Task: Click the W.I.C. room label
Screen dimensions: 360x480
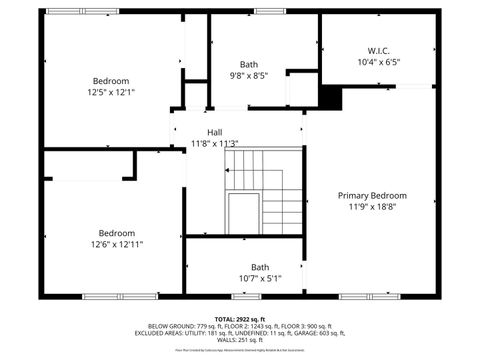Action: [x=378, y=49]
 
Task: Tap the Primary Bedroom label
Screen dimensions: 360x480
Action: [x=372, y=195]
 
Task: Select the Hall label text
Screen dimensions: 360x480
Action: [x=214, y=132]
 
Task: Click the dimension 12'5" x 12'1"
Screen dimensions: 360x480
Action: [x=111, y=92]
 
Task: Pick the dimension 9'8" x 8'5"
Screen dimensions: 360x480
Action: [x=248, y=75]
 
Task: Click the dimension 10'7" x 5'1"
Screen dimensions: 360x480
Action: [x=260, y=278]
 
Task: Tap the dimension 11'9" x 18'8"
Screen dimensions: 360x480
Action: [x=372, y=207]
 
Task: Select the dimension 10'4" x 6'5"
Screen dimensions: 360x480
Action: [x=378, y=61]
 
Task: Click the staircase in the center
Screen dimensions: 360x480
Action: [x=262, y=190]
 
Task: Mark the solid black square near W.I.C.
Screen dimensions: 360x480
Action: [x=331, y=98]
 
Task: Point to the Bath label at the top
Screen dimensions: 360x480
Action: [x=248, y=64]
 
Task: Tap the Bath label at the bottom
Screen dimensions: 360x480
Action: [x=260, y=266]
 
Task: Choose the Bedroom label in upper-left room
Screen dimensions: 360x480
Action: [x=111, y=81]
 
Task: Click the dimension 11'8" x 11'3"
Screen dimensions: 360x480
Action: [x=214, y=143]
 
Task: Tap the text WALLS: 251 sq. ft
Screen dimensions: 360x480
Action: [x=240, y=341]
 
